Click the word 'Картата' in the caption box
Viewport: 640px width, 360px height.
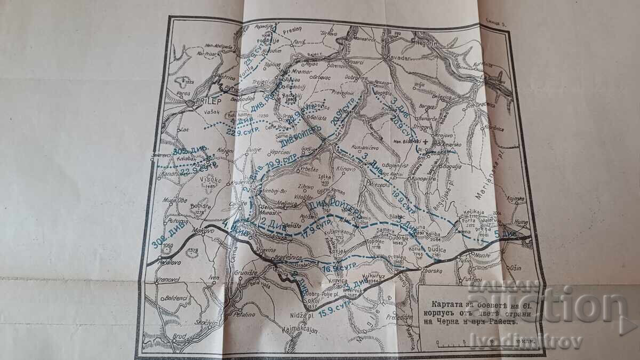coord(442,298)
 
